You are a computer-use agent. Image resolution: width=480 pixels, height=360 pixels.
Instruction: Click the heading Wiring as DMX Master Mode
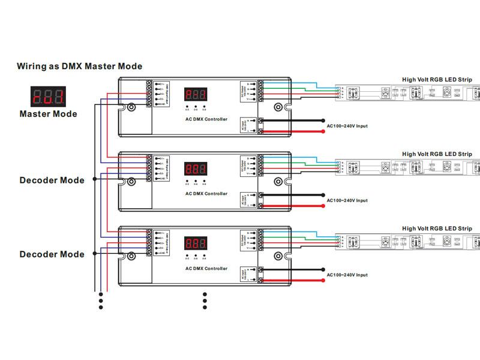pyautogui.click(x=79, y=67)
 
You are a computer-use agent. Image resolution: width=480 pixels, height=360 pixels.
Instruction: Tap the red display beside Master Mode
pyautogui.click(x=49, y=95)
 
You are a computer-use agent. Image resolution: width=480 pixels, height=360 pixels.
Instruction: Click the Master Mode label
pyautogui.click(x=49, y=113)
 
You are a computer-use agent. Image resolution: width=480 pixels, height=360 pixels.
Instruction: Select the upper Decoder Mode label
pyautogui.click(x=52, y=180)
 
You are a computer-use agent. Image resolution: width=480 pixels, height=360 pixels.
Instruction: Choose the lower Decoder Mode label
pyautogui.click(x=52, y=254)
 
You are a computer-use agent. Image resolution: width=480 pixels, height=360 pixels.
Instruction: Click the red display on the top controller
pyautogui.click(x=196, y=95)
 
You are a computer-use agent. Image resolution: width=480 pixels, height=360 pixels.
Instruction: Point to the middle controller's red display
pyautogui.click(x=196, y=169)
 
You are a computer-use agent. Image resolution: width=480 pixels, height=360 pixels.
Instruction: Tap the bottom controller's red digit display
pyautogui.click(x=196, y=244)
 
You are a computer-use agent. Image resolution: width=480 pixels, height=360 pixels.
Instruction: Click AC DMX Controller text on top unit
pyautogui.click(x=206, y=119)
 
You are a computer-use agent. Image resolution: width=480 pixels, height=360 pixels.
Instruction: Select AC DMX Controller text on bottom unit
pyautogui.click(x=206, y=268)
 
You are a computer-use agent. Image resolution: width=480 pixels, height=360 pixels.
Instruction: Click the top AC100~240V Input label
pyautogui.click(x=347, y=126)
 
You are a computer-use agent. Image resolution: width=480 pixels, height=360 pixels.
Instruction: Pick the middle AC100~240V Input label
pyautogui.click(x=347, y=200)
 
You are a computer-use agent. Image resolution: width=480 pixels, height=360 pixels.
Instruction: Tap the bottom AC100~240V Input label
pyautogui.click(x=347, y=275)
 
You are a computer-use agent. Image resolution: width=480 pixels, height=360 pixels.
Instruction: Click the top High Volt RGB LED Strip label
pyautogui.click(x=437, y=80)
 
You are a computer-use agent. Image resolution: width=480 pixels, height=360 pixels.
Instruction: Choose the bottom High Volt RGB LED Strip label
pyautogui.click(x=437, y=229)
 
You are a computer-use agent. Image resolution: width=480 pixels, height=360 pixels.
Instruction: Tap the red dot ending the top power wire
pyautogui.click(x=323, y=132)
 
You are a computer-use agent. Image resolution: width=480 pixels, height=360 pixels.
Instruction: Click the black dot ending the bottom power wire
pyautogui.click(x=323, y=269)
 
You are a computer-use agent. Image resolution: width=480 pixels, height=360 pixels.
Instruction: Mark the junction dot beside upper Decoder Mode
pyautogui.click(x=94, y=180)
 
